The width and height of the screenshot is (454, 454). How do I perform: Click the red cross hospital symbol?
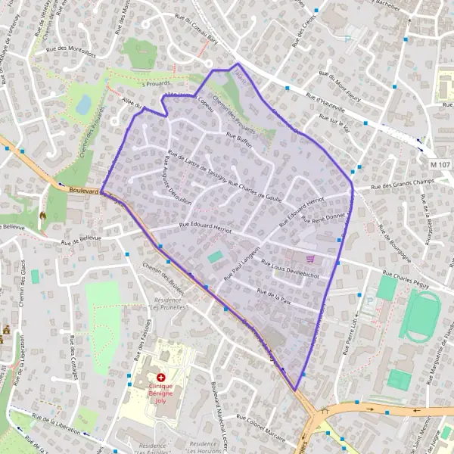(160, 376)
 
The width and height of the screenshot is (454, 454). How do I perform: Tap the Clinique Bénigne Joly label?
(160, 394)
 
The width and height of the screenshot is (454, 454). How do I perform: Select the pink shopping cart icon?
(310, 258)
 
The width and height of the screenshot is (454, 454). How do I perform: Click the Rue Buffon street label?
(238, 142)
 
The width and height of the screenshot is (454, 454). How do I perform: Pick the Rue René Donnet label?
(323, 215)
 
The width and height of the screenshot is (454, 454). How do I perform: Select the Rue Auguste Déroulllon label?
(169, 182)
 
